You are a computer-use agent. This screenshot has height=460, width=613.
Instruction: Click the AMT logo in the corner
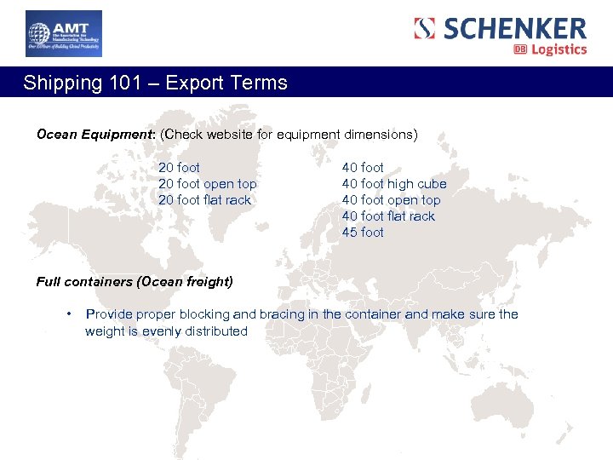point(63,34)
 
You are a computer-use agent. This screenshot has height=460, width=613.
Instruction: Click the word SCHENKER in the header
point(515,28)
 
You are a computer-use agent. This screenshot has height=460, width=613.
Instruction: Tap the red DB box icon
point(520,49)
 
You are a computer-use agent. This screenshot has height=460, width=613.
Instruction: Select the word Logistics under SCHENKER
point(559,49)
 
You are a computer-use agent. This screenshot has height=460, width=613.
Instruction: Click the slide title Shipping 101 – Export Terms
point(156,83)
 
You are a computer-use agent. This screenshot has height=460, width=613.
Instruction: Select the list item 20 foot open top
point(207,184)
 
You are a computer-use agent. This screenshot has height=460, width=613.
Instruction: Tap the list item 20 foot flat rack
point(204,200)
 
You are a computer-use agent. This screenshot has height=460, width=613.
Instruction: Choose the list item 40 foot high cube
point(393,184)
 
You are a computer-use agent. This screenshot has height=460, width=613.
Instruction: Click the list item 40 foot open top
point(391,200)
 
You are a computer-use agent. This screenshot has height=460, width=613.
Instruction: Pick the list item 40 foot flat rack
point(388,216)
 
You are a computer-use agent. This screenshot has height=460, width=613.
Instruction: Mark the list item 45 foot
point(363,233)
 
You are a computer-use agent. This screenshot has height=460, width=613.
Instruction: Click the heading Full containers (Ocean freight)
point(135,281)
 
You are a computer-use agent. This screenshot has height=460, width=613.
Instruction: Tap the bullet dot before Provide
point(67,313)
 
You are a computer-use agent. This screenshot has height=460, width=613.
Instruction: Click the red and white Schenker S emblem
point(425,29)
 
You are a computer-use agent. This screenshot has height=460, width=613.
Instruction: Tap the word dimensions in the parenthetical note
point(381,135)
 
